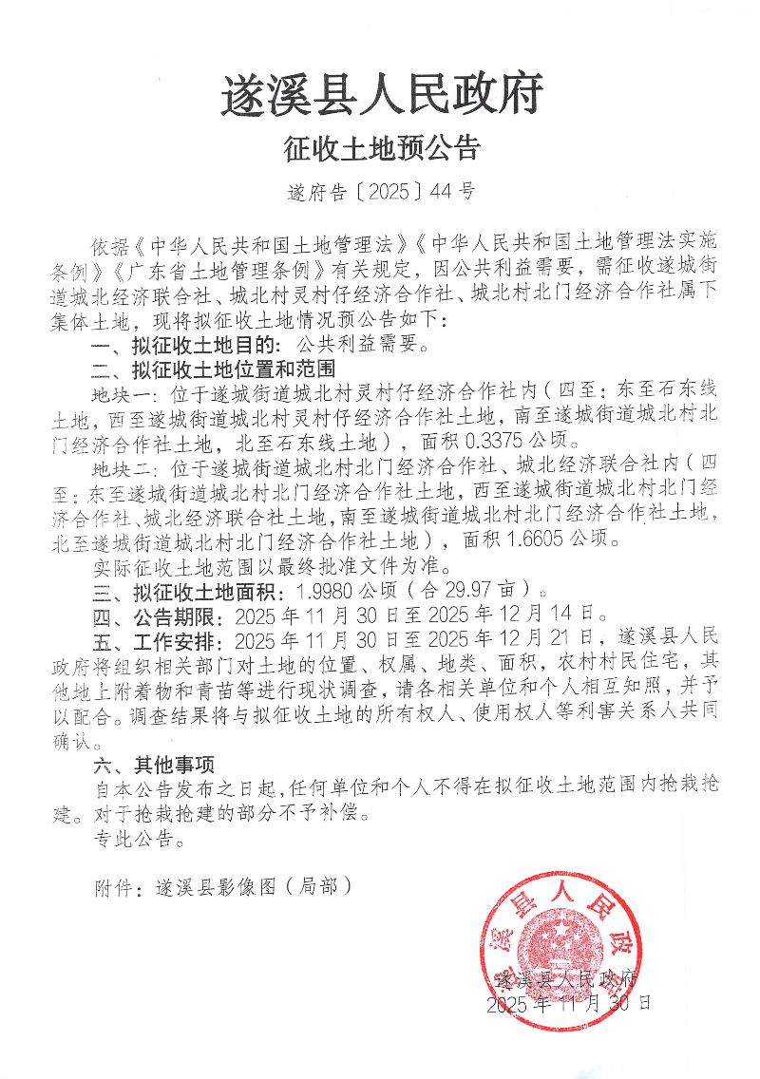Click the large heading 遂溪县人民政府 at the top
382,95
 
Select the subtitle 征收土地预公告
382,148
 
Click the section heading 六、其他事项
154,764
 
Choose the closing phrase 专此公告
133,838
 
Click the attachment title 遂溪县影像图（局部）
245,886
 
